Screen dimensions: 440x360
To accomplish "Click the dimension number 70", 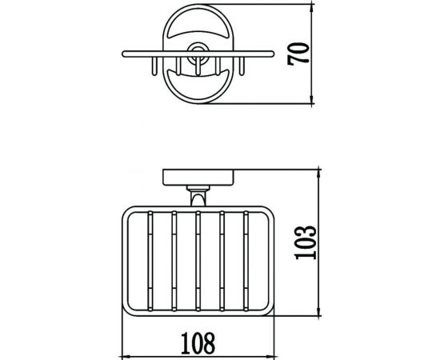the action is (298, 54).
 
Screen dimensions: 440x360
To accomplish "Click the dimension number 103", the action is (306, 242).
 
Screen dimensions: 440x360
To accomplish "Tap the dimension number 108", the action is (198, 343).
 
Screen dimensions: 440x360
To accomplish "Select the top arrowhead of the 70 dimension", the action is (311, 10).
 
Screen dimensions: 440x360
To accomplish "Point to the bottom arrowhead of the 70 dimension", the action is (311, 99).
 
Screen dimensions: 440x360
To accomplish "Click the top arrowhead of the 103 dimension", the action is (318, 174).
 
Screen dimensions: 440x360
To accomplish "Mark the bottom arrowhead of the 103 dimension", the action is (318, 311).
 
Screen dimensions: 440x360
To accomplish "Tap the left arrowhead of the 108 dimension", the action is (127, 357).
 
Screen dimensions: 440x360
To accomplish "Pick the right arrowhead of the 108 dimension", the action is (270, 357).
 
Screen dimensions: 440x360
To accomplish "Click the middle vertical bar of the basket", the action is (198, 262).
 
